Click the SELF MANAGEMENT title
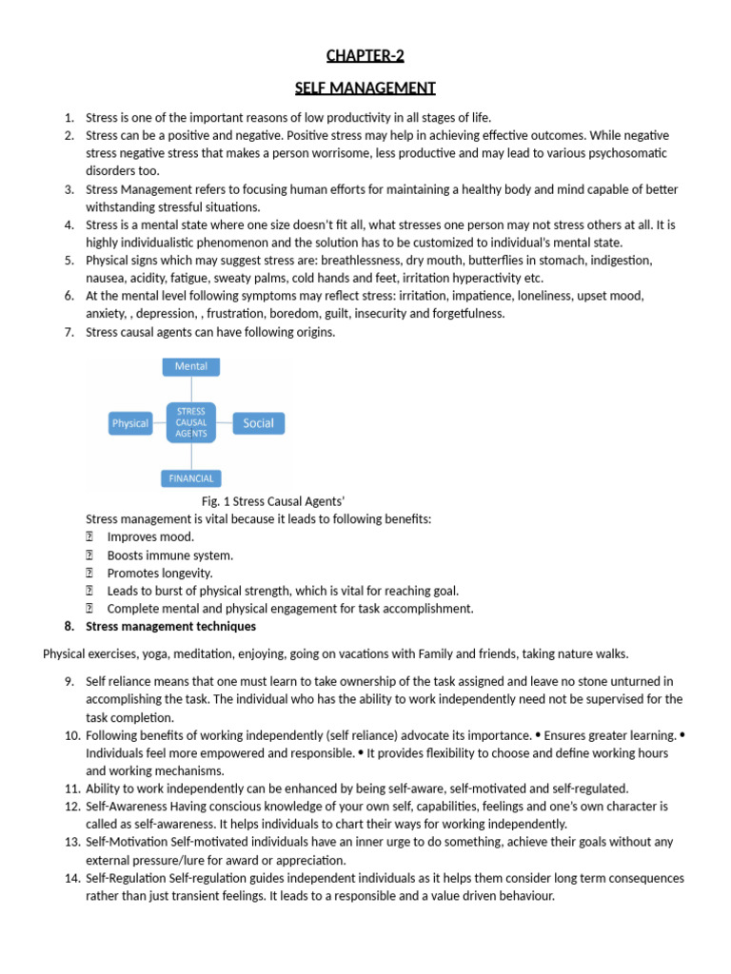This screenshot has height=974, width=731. pyautogui.click(x=365, y=88)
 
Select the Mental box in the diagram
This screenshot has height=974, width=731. pyautogui.click(x=191, y=366)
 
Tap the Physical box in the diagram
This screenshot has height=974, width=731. pyautogui.click(x=130, y=423)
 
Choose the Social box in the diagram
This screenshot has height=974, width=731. pyautogui.click(x=258, y=423)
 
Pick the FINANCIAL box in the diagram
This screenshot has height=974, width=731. pyautogui.click(x=191, y=478)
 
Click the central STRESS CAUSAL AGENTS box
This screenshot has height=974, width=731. pyautogui.click(x=191, y=422)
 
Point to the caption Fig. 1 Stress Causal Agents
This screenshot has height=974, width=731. pyautogui.click(x=266, y=500)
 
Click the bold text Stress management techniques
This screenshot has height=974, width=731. pyautogui.click(x=170, y=627)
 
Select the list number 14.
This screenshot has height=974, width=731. pyautogui.click(x=73, y=878)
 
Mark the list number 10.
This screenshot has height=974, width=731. pyautogui.click(x=73, y=735)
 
